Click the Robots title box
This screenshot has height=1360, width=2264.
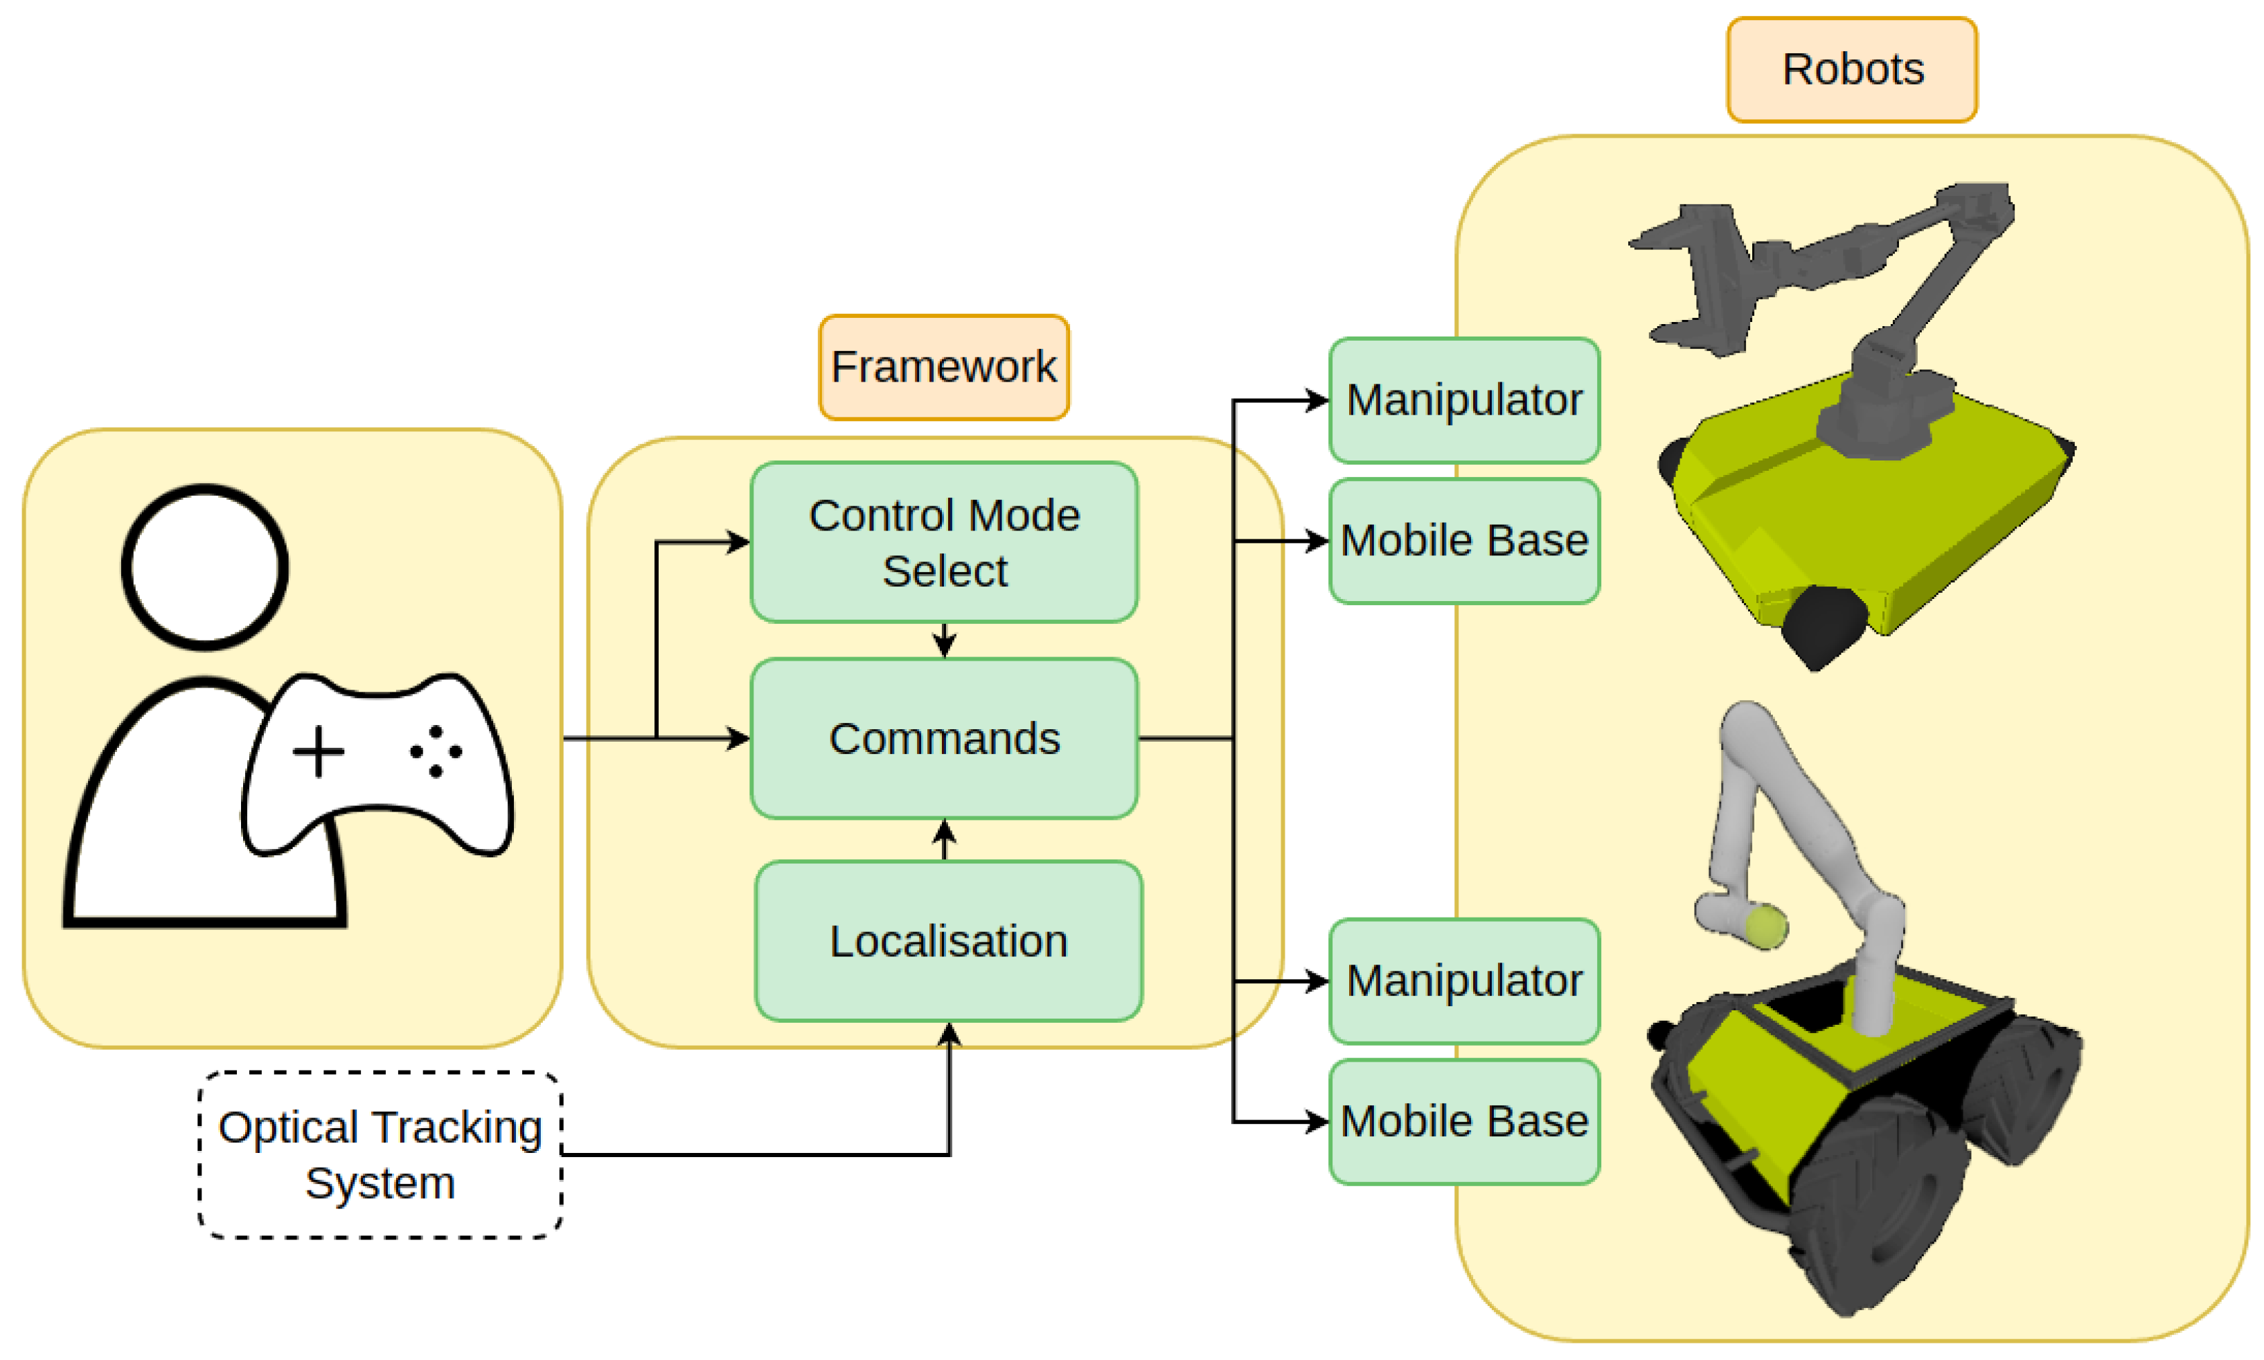click(1851, 70)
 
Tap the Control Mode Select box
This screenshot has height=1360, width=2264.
click(944, 542)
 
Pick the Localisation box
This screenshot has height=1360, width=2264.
click(949, 941)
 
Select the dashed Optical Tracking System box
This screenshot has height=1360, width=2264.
click(380, 1155)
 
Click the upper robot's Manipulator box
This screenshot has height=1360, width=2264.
click(1464, 400)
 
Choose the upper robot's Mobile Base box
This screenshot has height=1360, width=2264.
click(1464, 541)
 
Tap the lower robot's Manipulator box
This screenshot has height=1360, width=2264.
click(1464, 981)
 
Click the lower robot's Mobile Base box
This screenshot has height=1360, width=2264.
click(1464, 1122)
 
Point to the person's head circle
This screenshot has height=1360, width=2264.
click(205, 567)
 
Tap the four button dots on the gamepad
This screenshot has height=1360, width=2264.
click(436, 751)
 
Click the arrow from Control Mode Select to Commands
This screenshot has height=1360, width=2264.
click(944, 641)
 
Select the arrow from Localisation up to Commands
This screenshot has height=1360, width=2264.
click(944, 839)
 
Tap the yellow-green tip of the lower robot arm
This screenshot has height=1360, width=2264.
click(1765, 926)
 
